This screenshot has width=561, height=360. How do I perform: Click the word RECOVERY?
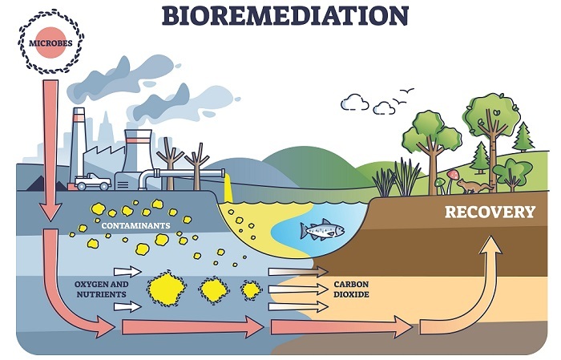coord(490,212)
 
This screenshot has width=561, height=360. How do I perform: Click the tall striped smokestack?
coord(78,144)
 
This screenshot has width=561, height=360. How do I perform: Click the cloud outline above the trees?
coord(354,103)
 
